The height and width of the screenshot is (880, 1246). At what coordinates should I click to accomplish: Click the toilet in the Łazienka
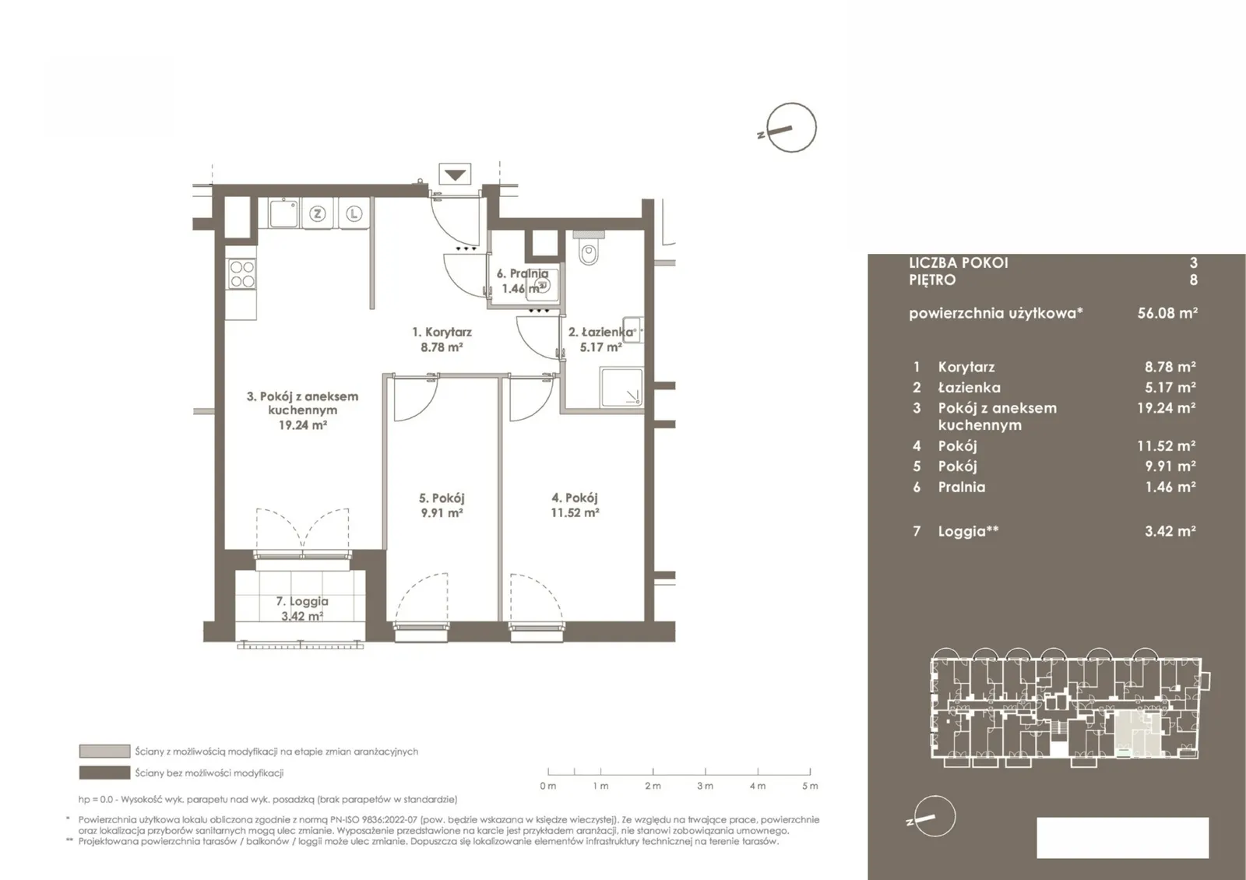pos(588,248)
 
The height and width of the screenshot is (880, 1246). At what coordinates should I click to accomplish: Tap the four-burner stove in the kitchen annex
pos(242,274)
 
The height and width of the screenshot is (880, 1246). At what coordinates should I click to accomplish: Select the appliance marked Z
pos(317,213)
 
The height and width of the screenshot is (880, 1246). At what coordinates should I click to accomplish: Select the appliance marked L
pos(354,213)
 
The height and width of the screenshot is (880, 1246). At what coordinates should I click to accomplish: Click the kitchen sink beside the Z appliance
pos(283,213)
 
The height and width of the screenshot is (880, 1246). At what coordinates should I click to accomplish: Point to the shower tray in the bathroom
pos(621,387)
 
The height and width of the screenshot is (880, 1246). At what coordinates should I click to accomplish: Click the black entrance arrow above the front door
pos(455,174)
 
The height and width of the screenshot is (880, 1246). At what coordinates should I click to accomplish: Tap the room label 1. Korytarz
pos(442,332)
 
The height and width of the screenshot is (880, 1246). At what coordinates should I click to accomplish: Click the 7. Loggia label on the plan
pos(302,601)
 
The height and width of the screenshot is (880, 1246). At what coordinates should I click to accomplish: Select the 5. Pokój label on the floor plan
pos(442,498)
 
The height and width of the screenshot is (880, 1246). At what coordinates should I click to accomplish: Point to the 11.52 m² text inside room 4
pos(575,513)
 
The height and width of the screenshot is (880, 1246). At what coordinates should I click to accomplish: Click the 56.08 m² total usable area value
pos(1167,313)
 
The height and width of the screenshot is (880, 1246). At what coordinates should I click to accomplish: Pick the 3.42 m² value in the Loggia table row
pos(1170,531)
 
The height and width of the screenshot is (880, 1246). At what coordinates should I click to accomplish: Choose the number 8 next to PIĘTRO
pos(1193,280)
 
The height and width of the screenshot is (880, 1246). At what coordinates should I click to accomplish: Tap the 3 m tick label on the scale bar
pos(706,786)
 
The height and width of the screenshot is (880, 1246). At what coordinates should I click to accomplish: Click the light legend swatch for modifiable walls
pos(104,752)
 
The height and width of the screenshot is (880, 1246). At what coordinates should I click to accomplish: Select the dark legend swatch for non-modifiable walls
pos(104,773)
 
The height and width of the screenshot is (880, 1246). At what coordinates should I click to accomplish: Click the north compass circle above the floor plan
pos(791,128)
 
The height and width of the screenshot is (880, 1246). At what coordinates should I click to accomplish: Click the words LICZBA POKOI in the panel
pos(959,263)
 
